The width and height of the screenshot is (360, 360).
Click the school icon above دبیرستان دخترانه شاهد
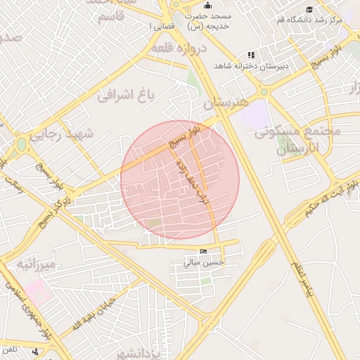[251, 55]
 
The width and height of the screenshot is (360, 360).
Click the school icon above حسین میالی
[204, 252]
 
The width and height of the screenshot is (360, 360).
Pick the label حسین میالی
[204, 262]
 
